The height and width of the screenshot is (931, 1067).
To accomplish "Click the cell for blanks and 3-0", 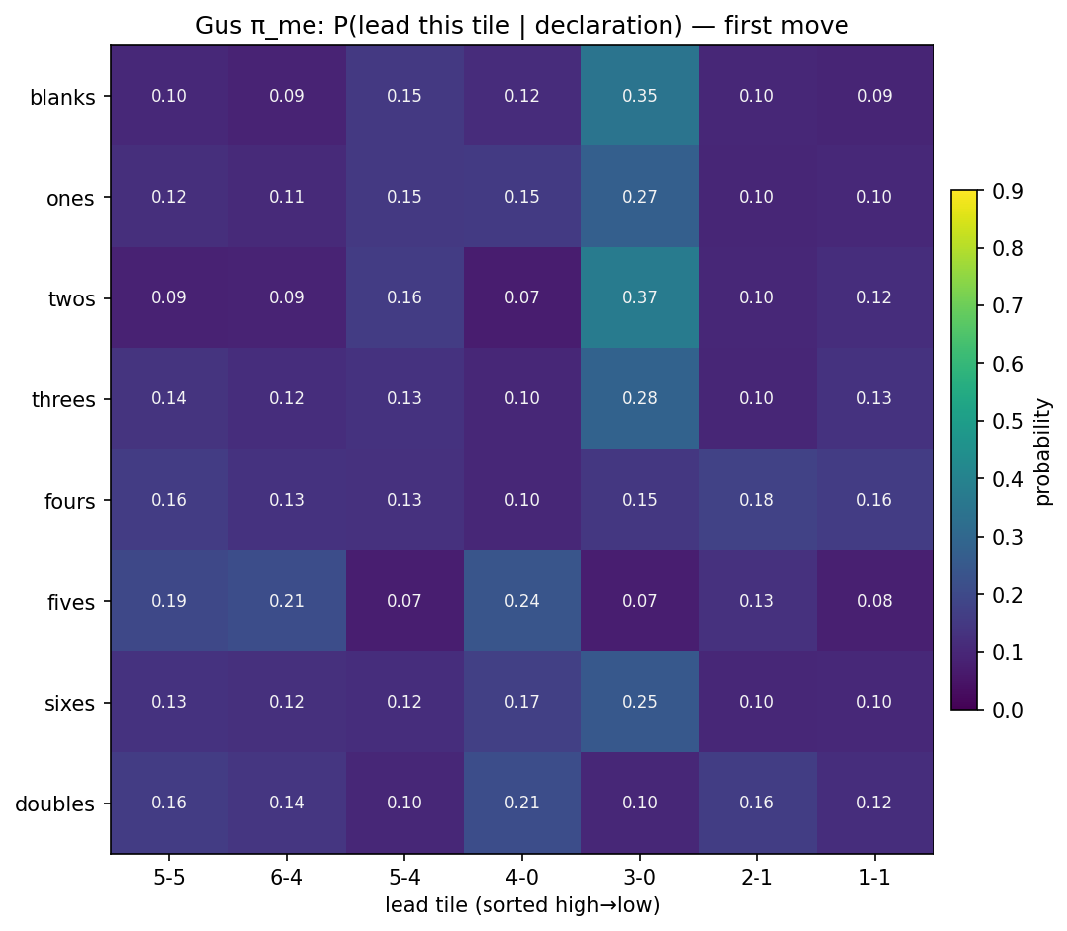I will [x=639, y=96].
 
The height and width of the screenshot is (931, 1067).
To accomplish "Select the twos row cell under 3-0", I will [x=639, y=298].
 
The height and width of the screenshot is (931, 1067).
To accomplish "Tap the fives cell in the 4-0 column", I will [x=521, y=601].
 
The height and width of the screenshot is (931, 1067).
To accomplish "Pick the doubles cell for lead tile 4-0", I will [x=521, y=803].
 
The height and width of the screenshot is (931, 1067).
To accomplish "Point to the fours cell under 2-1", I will [x=756, y=500].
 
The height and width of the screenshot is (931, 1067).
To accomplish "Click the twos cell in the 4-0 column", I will [x=521, y=298].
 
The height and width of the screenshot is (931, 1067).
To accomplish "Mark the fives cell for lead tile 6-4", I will [x=287, y=601].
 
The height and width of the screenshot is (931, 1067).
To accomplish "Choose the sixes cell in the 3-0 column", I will [x=639, y=702].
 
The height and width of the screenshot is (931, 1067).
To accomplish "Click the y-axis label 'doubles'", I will [x=54, y=804].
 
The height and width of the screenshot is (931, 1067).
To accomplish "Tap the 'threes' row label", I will [x=62, y=400].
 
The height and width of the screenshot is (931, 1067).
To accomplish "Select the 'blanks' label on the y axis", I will [x=62, y=98].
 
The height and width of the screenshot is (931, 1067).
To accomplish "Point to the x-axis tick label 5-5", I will [x=169, y=877].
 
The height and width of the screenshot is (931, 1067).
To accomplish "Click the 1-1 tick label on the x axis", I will [x=874, y=877].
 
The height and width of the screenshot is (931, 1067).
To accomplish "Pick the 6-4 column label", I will [x=287, y=877].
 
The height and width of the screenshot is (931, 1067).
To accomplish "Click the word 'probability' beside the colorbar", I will [x=1043, y=451].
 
